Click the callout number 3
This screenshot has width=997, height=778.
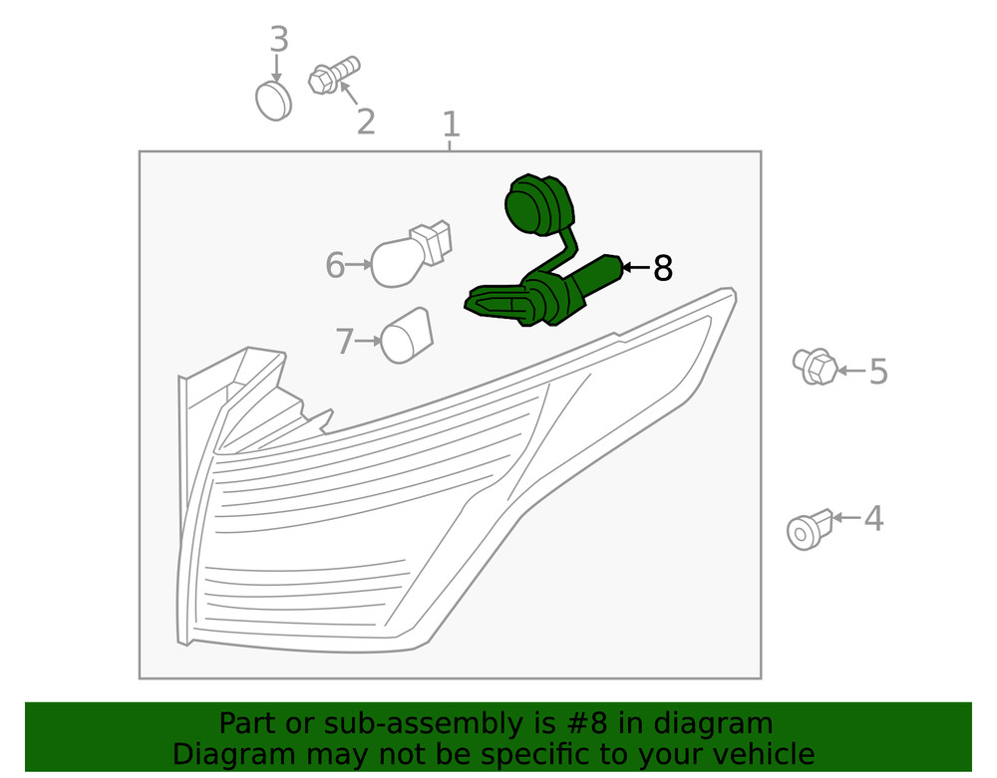pos(279,40)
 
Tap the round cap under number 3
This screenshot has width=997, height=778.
pos(273,101)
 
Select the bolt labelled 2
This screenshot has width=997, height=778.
pos(334,75)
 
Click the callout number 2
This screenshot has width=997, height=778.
pos(366,122)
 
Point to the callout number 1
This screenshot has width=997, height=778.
pos(451,124)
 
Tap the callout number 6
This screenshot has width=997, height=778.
pos(335,265)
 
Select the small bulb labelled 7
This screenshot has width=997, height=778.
pos(407,336)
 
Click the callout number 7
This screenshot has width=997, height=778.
pos(345,341)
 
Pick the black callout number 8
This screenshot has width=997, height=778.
pos(663,268)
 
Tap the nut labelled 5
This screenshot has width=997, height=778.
pos(815,367)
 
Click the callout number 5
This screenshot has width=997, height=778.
pos(878,371)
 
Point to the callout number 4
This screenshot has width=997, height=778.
pos(873,518)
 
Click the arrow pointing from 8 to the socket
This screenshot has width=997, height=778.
pos(635,267)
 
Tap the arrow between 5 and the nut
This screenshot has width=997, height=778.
pos(851,371)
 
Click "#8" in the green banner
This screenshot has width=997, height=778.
pos(585,723)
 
